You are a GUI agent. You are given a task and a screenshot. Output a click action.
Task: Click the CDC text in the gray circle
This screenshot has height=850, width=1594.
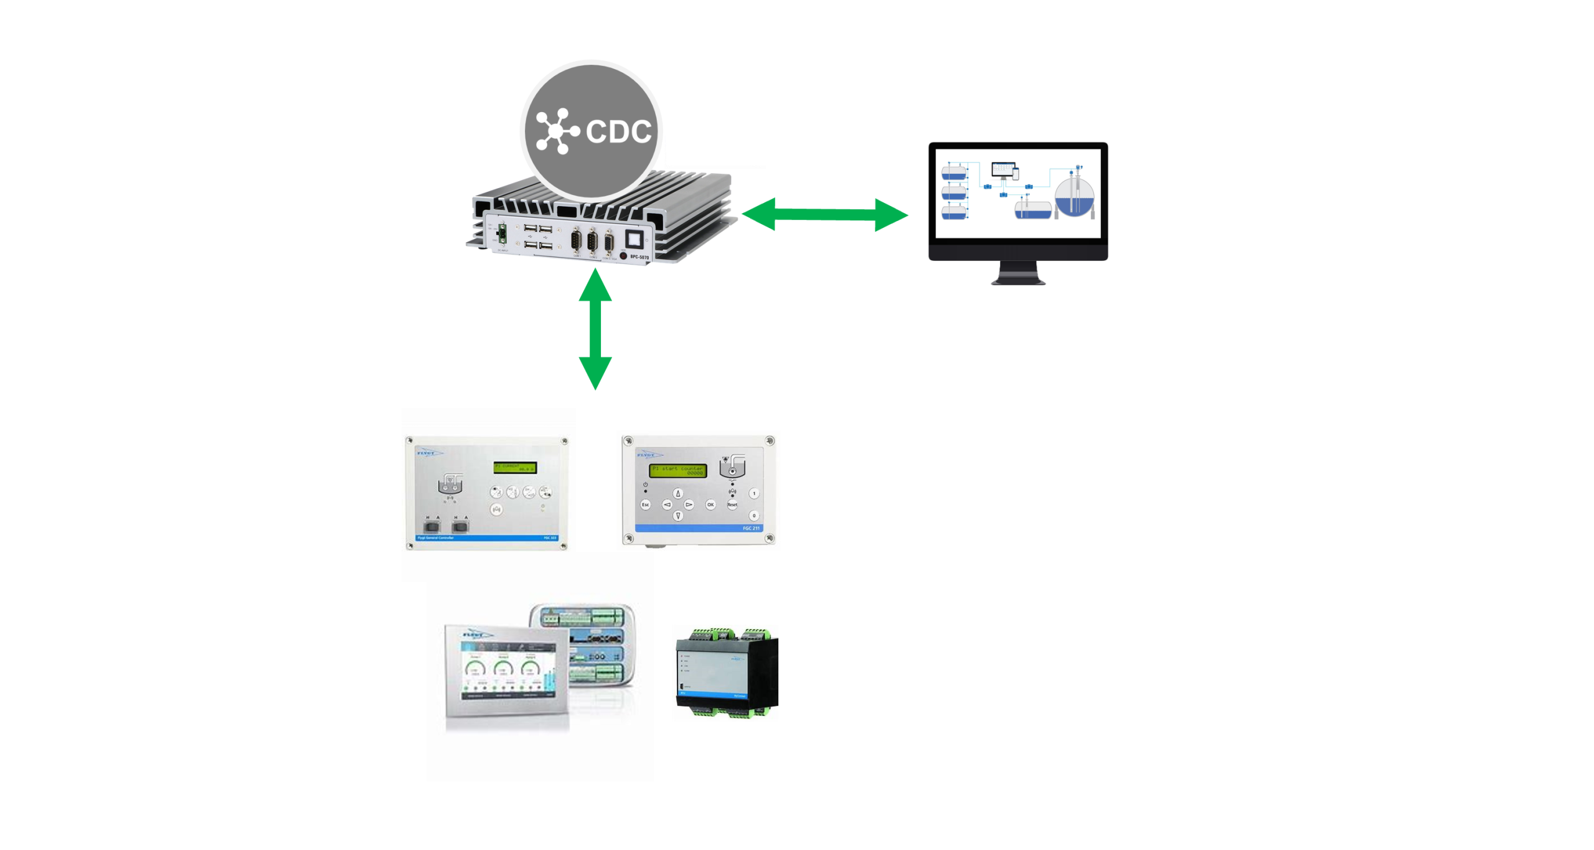pyautogui.click(x=618, y=131)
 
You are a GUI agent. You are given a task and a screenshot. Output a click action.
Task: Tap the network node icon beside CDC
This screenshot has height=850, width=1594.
pyautogui.click(x=556, y=131)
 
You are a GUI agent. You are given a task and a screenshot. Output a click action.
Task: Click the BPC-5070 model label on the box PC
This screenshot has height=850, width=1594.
pyautogui.click(x=639, y=257)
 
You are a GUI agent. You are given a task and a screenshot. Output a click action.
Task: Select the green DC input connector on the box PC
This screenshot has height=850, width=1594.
pyautogui.click(x=502, y=234)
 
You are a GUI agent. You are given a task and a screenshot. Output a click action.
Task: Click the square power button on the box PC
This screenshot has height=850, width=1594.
pyautogui.click(x=633, y=239)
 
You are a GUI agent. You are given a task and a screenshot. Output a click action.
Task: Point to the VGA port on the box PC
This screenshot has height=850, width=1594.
pyautogui.click(x=608, y=243)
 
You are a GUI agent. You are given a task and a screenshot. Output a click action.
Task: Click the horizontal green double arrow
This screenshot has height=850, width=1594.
pyautogui.click(x=824, y=215)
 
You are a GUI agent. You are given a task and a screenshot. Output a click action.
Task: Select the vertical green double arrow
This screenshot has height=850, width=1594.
pyautogui.click(x=595, y=329)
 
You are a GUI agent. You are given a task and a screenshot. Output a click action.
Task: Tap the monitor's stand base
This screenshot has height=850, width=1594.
pyautogui.click(x=1018, y=281)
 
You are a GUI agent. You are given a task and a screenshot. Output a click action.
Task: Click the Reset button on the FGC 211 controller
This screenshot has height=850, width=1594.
pyautogui.click(x=732, y=504)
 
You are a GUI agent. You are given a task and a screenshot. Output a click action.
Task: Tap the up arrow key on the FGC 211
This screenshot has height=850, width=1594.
pyautogui.click(x=678, y=493)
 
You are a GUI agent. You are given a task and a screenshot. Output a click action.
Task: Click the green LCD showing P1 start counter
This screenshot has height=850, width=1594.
pyautogui.click(x=678, y=470)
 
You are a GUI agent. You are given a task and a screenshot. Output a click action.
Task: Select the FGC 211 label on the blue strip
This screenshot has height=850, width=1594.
pyautogui.click(x=750, y=528)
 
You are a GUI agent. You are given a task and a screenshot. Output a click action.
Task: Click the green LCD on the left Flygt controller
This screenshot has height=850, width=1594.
pyautogui.click(x=515, y=467)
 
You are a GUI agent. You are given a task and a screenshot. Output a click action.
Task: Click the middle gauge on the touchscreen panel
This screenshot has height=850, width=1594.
pyautogui.click(x=502, y=668)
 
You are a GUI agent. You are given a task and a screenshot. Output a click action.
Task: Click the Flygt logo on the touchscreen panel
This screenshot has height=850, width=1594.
pyautogui.click(x=478, y=635)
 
